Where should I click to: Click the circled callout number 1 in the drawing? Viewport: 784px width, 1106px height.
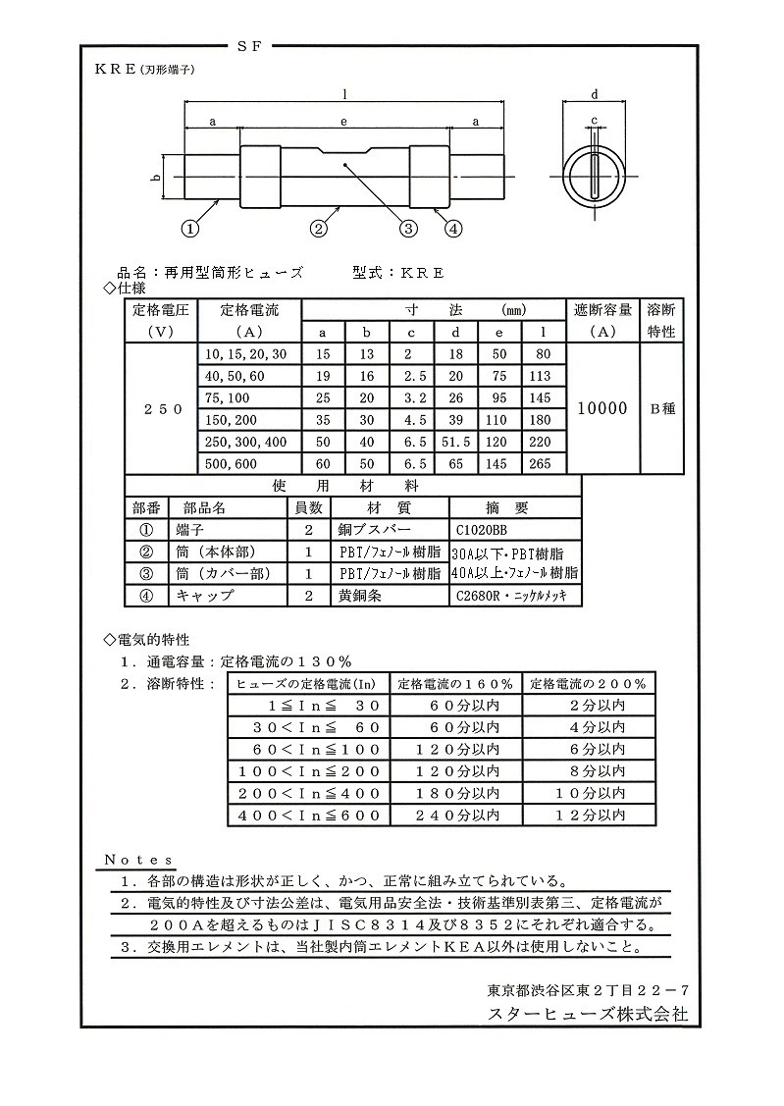189,229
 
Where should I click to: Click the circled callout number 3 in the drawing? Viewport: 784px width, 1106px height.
409,229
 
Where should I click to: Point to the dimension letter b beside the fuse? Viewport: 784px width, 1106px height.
155,177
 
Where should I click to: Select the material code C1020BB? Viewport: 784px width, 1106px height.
487,529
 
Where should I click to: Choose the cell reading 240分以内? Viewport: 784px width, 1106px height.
457,815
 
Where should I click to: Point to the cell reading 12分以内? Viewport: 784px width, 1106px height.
591,815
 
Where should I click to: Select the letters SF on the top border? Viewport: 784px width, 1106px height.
248,46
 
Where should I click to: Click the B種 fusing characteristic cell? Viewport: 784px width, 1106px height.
661,409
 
